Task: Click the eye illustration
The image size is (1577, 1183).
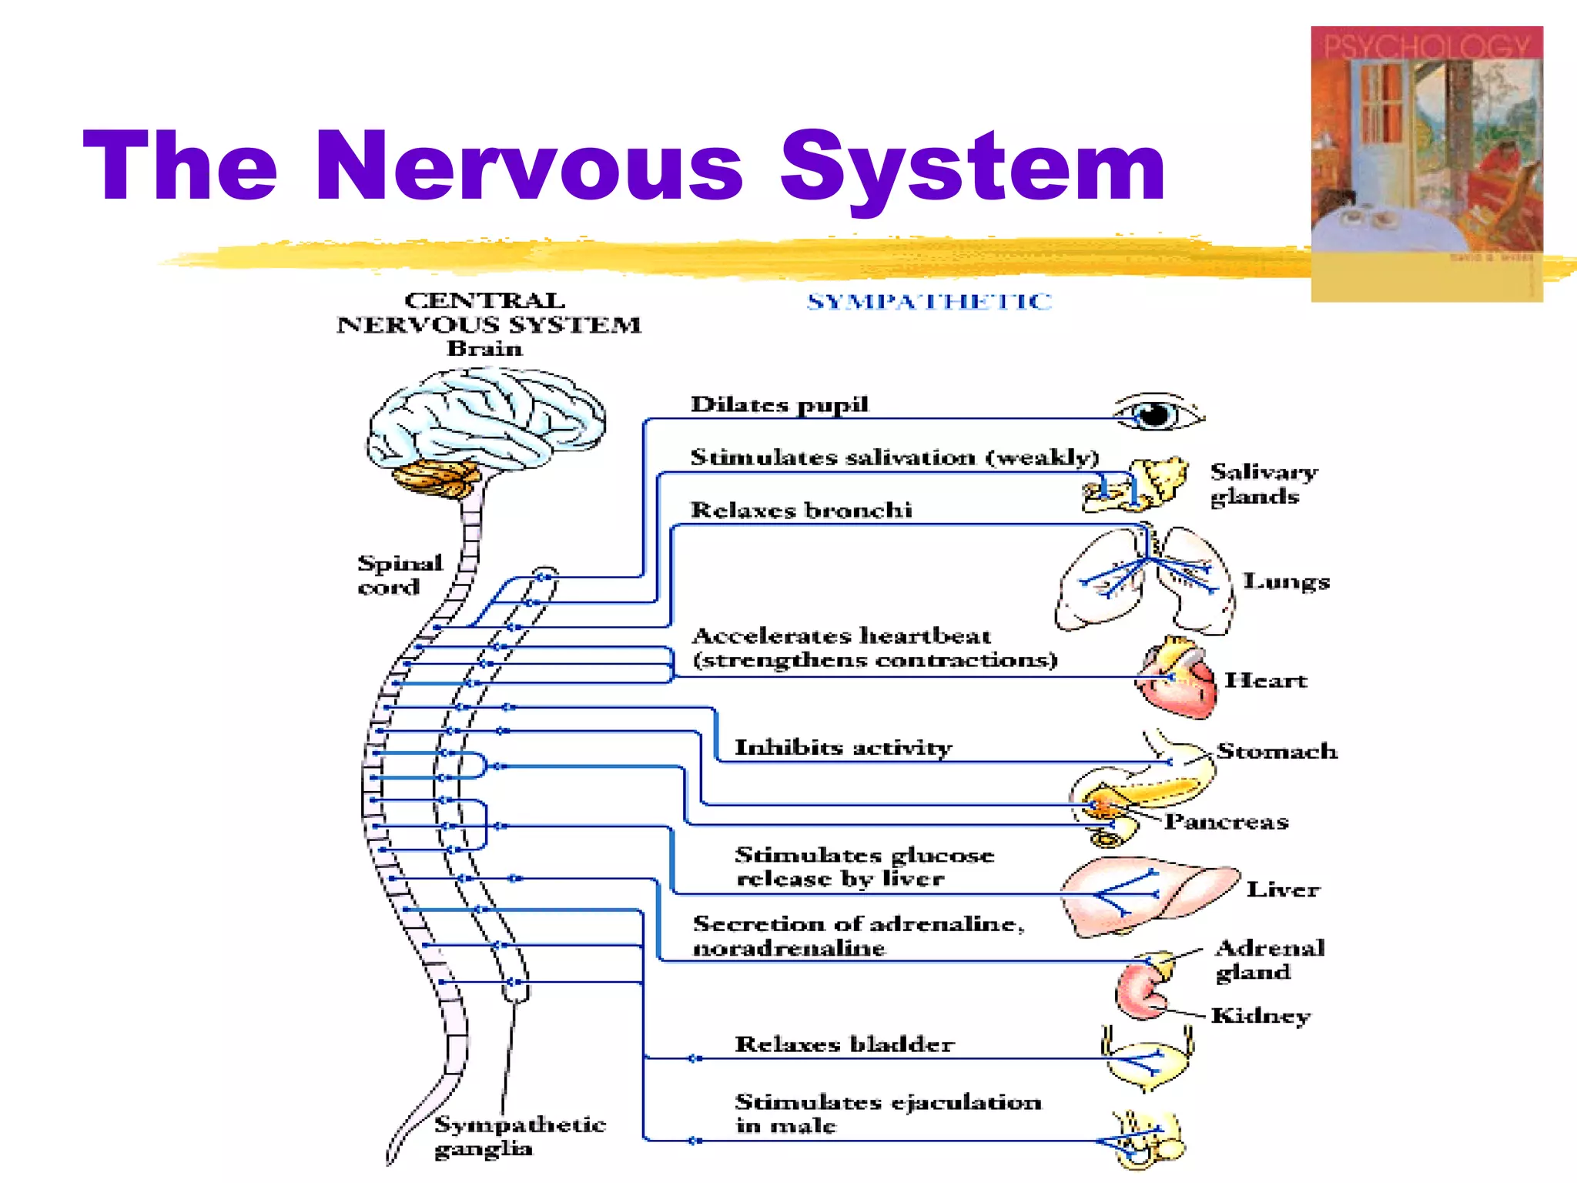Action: point(1157,414)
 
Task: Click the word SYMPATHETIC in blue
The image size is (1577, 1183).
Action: point(929,302)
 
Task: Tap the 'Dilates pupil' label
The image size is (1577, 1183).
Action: point(779,405)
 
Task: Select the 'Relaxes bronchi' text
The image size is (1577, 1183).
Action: point(801,510)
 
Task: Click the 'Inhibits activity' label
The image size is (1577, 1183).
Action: point(843,748)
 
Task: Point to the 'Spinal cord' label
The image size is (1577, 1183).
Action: point(399,575)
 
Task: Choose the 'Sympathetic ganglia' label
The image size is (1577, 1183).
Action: point(521,1136)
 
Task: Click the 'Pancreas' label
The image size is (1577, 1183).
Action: point(1226,822)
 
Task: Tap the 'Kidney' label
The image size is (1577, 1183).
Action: point(1260,1016)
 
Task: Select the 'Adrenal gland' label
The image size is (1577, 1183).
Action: point(1269,960)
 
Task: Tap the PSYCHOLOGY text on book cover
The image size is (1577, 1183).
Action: point(1426,46)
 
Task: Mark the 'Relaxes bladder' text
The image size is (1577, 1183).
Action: point(844,1044)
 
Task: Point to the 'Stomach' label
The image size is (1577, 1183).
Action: point(1277,751)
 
